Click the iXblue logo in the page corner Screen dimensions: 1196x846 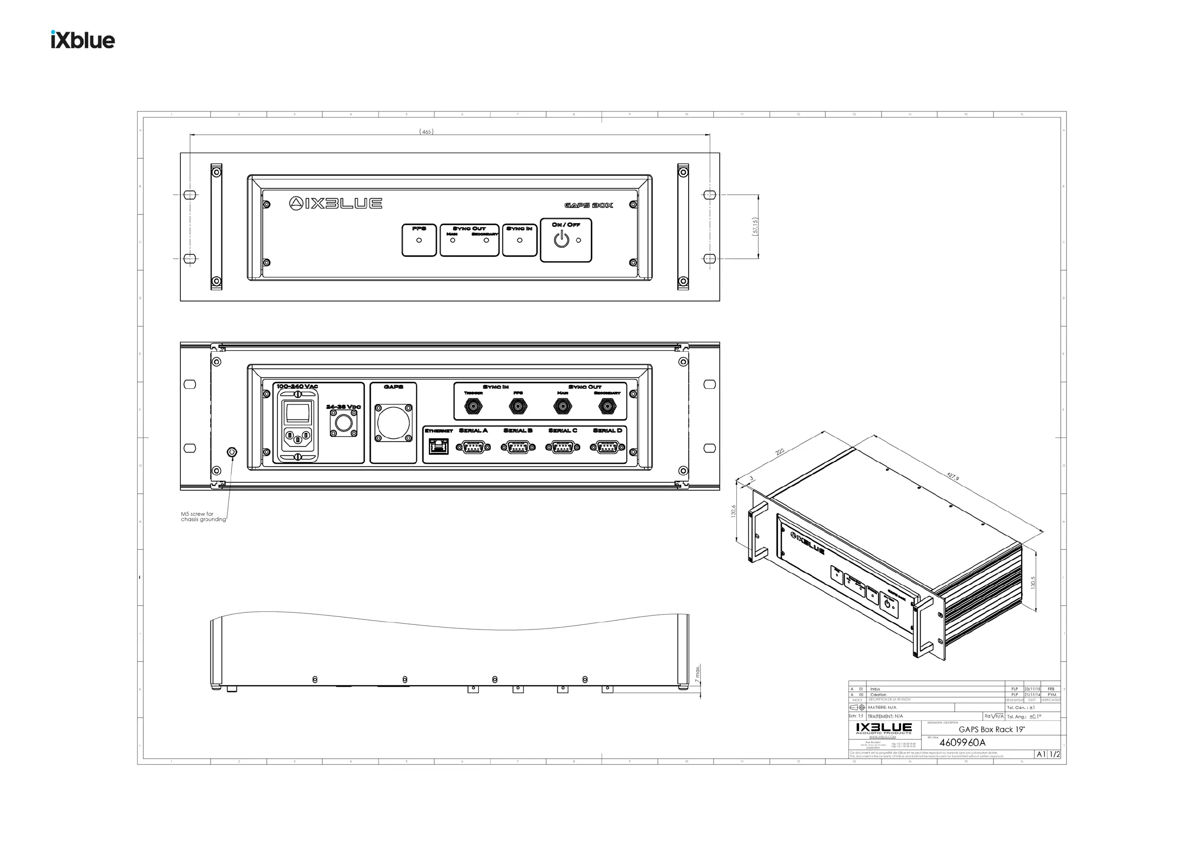click(x=83, y=40)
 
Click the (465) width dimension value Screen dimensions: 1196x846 click(x=426, y=132)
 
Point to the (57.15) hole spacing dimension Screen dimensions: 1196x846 click(x=755, y=227)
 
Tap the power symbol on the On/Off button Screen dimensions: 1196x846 click(x=561, y=240)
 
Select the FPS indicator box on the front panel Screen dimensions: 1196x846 click(x=419, y=240)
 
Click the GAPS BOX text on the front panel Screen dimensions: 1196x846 click(x=589, y=205)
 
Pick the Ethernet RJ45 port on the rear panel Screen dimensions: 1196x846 click(x=438, y=447)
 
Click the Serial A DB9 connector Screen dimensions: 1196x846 click(x=473, y=447)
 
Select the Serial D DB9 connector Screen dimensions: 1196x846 click(x=607, y=447)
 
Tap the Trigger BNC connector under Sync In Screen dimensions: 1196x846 click(x=473, y=406)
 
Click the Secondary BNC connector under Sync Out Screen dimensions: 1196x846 click(x=607, y=406)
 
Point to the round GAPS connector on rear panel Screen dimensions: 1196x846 click(x=393, y=422)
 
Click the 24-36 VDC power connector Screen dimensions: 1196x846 click(x=343, y=423)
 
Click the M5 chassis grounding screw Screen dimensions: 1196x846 click(x=233, y=452)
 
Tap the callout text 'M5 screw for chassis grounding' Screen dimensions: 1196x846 click(x=203, y=517)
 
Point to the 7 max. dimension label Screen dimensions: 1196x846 click(x=698, y=674)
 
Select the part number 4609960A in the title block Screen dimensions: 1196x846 click(x=962, y=743)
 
